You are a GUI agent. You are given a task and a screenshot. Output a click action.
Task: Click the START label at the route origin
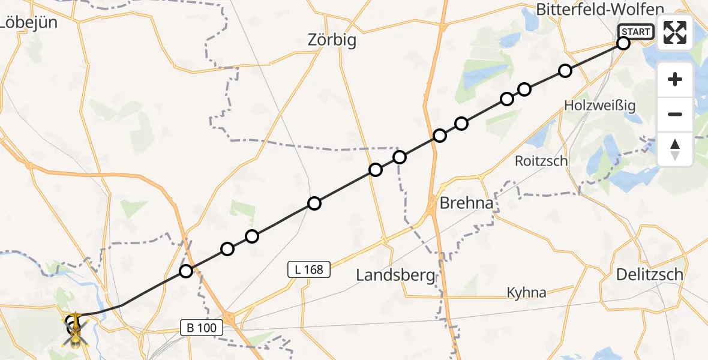636,32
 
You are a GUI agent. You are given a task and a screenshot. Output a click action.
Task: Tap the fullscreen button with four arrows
675,32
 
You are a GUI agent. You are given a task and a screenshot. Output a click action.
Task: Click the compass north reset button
675,149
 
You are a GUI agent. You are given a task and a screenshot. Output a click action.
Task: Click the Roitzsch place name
541,161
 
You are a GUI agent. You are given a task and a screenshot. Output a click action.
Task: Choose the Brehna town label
466,203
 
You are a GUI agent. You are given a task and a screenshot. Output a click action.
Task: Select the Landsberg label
395,275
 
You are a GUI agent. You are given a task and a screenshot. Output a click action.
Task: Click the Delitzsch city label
650,274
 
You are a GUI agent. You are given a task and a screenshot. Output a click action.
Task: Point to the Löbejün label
29,23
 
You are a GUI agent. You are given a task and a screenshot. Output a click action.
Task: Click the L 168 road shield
309,270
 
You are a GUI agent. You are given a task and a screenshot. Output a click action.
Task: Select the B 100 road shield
202,327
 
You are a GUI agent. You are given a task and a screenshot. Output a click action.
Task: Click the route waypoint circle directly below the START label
623,43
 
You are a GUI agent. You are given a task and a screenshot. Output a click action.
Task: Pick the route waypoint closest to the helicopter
186,271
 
